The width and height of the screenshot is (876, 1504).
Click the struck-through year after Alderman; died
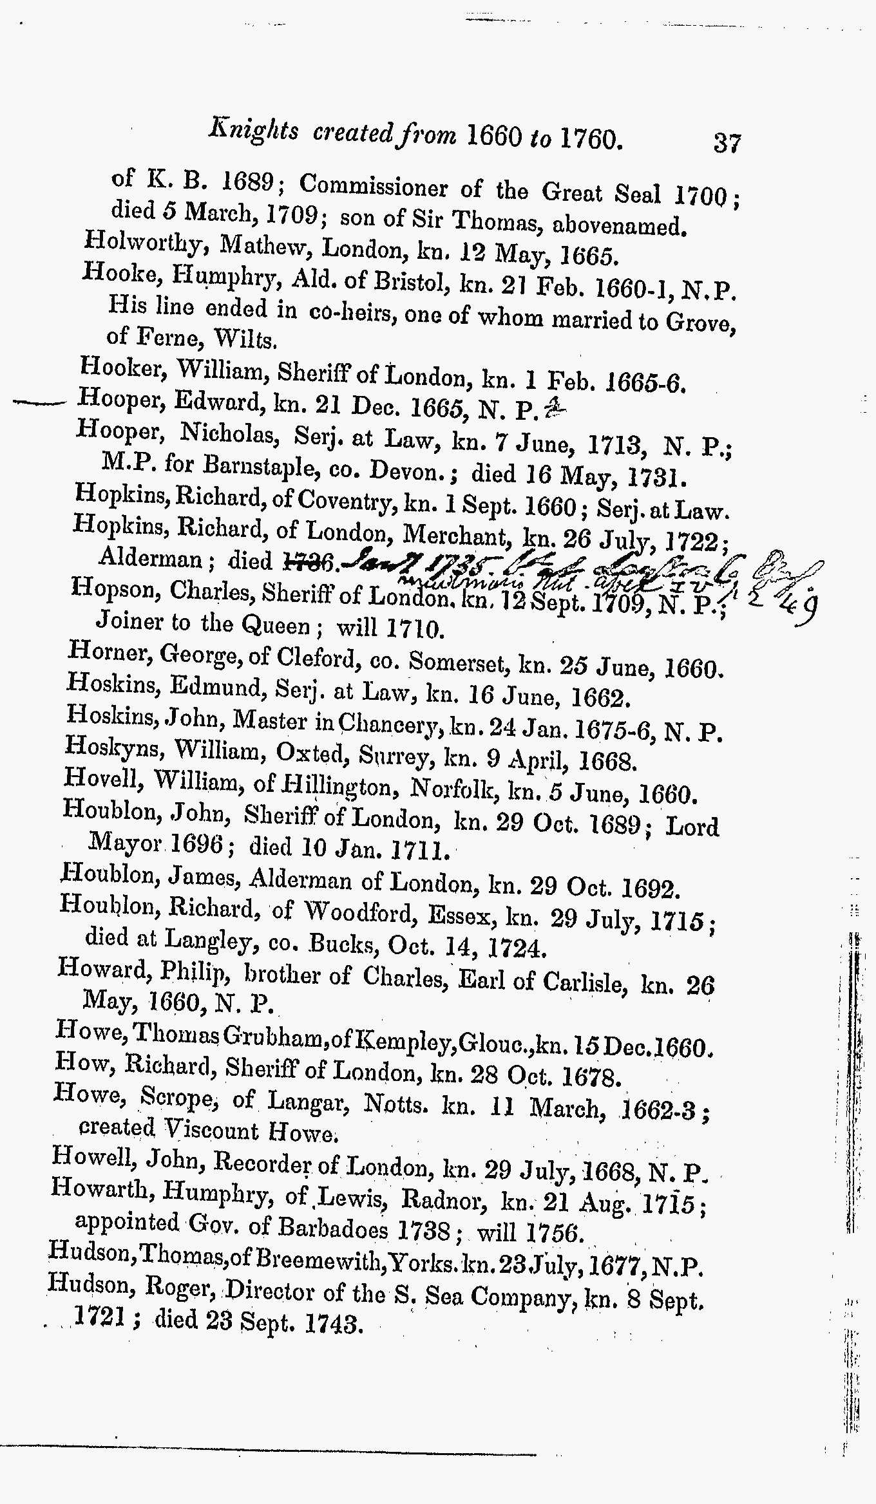point(307,561)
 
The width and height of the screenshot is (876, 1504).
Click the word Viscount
point(211,1130)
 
